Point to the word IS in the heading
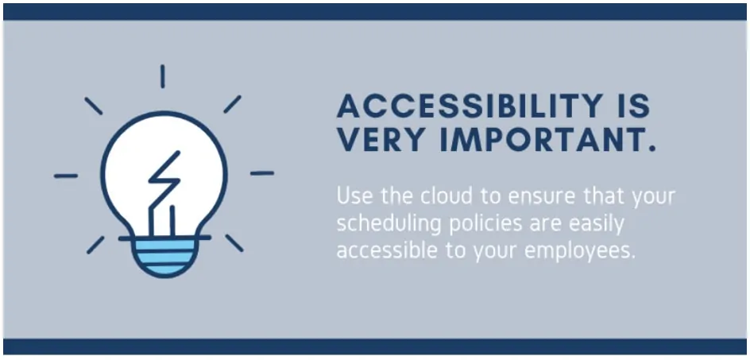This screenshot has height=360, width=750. pos(634,106)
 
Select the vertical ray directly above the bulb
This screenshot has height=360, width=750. pos(163,76)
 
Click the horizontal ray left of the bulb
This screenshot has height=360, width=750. pos(65,176)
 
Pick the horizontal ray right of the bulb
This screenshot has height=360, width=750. pos(262,173)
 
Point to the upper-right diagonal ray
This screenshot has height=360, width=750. pos(233,104)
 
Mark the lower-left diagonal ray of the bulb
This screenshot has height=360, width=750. pos(95,245)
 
